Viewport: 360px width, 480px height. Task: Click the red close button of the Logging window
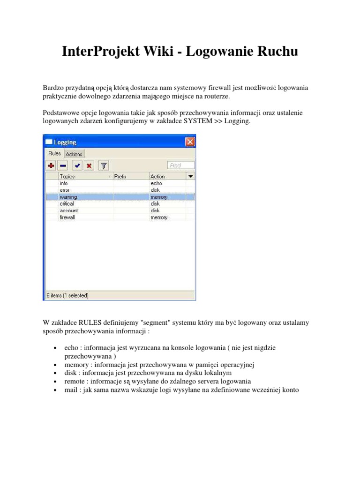(190, 142)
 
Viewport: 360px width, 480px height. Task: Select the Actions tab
(74, 154)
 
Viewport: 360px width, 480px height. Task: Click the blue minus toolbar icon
(63, 165)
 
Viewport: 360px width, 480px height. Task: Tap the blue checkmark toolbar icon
(77, 165)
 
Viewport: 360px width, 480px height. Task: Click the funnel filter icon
(104, 165)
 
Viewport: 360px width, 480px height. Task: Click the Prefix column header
(120, 176)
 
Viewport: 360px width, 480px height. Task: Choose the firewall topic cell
(67, 217)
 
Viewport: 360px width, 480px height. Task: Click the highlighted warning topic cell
(68, 197)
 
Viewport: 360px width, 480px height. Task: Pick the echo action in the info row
(156, 183)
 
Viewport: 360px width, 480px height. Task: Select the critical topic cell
(67, 204)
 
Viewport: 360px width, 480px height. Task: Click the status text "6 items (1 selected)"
(67, 295)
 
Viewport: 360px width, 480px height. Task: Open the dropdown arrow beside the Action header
(191, 176)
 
